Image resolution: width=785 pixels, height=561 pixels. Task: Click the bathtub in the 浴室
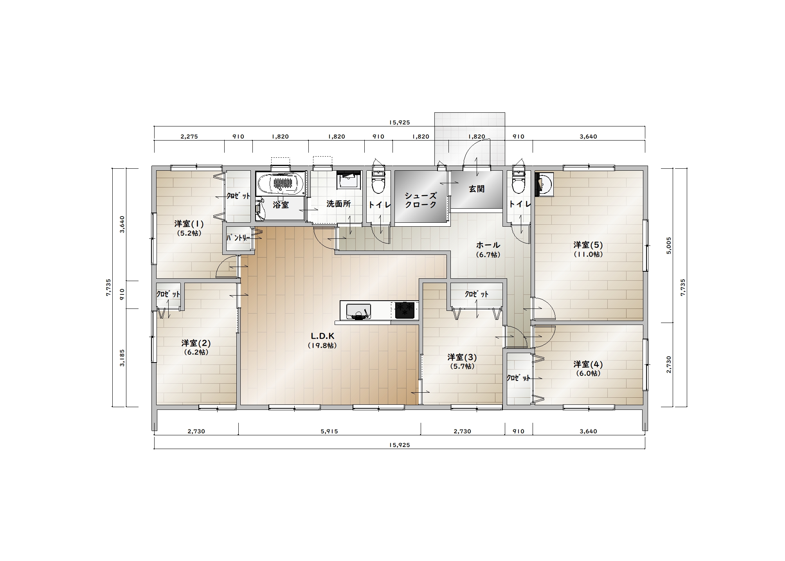tap(280, 183)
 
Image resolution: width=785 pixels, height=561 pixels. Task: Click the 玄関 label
tap(477, 189)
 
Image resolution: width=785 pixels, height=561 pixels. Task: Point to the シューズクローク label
tap(421, 200)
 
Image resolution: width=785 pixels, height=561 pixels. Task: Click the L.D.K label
tap(322, 336)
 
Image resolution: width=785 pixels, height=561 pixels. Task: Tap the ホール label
tap(488, 245)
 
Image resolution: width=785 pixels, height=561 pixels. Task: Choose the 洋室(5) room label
tap(588, 245)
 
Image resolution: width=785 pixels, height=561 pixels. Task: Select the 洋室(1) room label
tap(189, 224)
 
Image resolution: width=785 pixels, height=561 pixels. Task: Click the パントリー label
tap(238, 238)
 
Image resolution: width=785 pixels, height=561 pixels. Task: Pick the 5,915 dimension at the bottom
tap(329, 431)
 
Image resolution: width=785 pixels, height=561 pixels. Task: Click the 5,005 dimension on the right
tap(668, 245)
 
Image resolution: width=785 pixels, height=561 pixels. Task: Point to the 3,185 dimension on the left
tap(122, 358)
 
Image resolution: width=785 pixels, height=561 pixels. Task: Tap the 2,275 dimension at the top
tap(189, 137)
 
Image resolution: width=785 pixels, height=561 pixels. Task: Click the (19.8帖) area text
tap(322, 346)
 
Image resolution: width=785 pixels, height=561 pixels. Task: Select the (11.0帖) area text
tap(588, 254)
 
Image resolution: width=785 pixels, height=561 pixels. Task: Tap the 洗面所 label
tap(338, 204)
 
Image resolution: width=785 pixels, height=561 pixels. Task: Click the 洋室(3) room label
tap(462, 357)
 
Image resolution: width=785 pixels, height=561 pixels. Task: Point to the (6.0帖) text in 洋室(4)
tap(588, 373)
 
